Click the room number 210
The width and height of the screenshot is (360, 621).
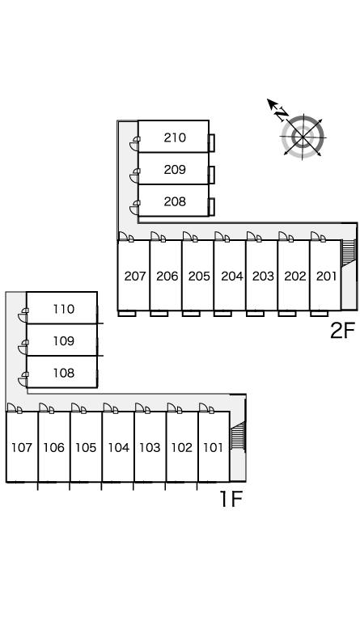175,137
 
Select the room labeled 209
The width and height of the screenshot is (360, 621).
175,170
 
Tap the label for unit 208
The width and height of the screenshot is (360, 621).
175,201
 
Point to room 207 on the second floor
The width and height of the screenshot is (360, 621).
135,276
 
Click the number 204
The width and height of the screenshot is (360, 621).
231,276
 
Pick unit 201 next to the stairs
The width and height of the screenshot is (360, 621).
326,276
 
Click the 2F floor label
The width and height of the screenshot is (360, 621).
342,331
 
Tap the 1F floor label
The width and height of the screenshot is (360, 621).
231,499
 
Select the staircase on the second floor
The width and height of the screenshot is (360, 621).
349,253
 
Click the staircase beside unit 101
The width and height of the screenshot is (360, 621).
238,436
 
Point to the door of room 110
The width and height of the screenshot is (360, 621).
23,315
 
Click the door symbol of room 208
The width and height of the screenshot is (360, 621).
134,208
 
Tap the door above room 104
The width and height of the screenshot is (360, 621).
111,408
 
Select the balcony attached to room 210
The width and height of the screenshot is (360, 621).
212,142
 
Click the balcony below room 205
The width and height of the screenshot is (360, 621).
191,314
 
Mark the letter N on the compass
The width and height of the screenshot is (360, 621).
282,114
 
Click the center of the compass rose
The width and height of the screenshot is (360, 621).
303,137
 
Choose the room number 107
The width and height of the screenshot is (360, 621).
21,447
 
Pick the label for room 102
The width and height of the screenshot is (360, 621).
182,447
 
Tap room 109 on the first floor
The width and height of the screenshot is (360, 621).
63,341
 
